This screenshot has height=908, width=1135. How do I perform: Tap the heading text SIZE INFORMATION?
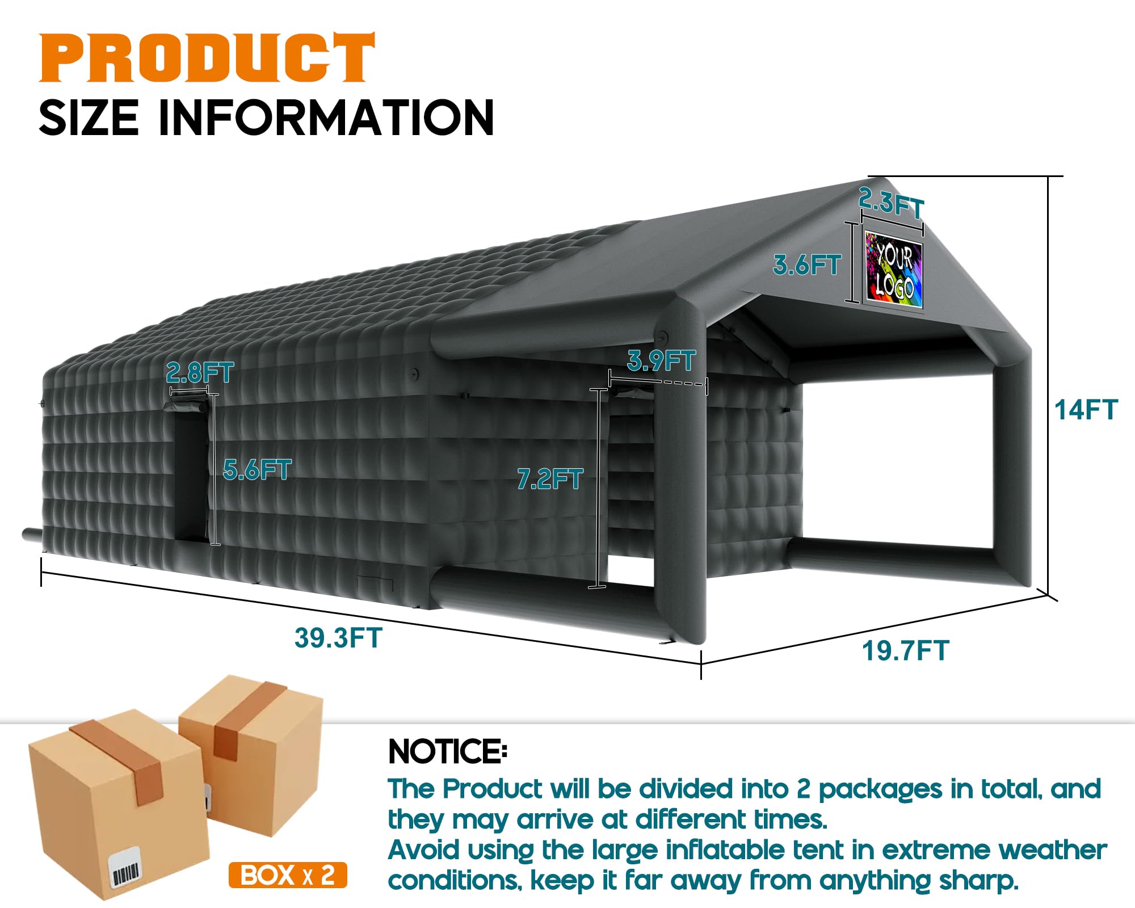click(x=266, y=118)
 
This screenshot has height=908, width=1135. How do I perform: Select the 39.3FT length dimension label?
click(x=338, y=638)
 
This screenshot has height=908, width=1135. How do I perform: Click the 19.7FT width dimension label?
click(x=905, y=650)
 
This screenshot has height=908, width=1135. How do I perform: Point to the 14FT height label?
click(x=1086, y=410)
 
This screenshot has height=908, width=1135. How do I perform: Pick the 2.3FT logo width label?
click(x=891, y=202)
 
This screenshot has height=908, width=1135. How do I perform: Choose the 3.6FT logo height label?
click(x=806, y=265)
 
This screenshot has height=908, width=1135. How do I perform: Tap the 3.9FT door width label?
click(x=661, y=360)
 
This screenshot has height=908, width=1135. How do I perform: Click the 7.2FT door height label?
click(x=550, y=479)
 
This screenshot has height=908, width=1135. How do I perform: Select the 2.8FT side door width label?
click(x=200, y=373)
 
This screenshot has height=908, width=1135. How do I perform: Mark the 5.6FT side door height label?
click(x=257, y=469)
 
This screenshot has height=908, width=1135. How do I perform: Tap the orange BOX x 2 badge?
click(x=288, y=875)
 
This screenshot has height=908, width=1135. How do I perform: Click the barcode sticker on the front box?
click(x=125, y=869)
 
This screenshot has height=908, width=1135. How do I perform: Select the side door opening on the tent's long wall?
click(x=190, y=477)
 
